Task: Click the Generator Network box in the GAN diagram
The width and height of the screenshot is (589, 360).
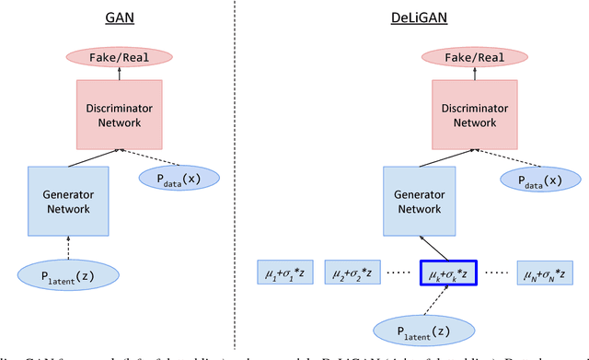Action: point(69,201)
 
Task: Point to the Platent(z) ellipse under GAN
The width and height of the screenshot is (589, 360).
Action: point(68,275)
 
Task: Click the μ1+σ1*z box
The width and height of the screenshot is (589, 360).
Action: point(285,273)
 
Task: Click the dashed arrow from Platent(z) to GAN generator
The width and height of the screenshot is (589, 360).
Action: point(69,247)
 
